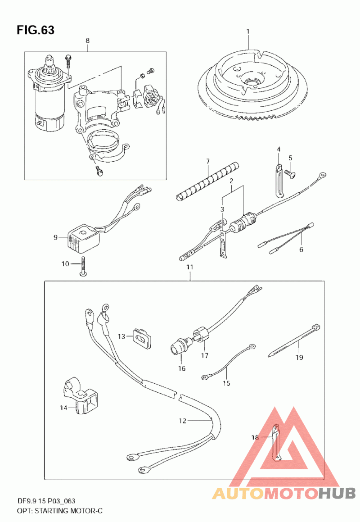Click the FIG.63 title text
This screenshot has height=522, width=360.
coord(36,30)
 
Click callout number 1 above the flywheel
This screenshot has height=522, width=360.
coord(248,31)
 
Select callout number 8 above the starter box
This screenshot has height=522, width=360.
coord(87,41)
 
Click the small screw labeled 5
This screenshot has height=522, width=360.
coord(290,172)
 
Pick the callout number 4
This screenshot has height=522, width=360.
coord(279,149)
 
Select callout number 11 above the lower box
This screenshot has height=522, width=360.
coord(190,267)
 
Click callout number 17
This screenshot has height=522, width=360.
coord(205,355)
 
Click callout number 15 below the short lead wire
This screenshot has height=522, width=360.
coord(226,383)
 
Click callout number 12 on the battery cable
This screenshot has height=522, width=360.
coord(183,421)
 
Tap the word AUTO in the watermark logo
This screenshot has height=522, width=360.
coord(238,493)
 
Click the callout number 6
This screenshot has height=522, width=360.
coord(301,250)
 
